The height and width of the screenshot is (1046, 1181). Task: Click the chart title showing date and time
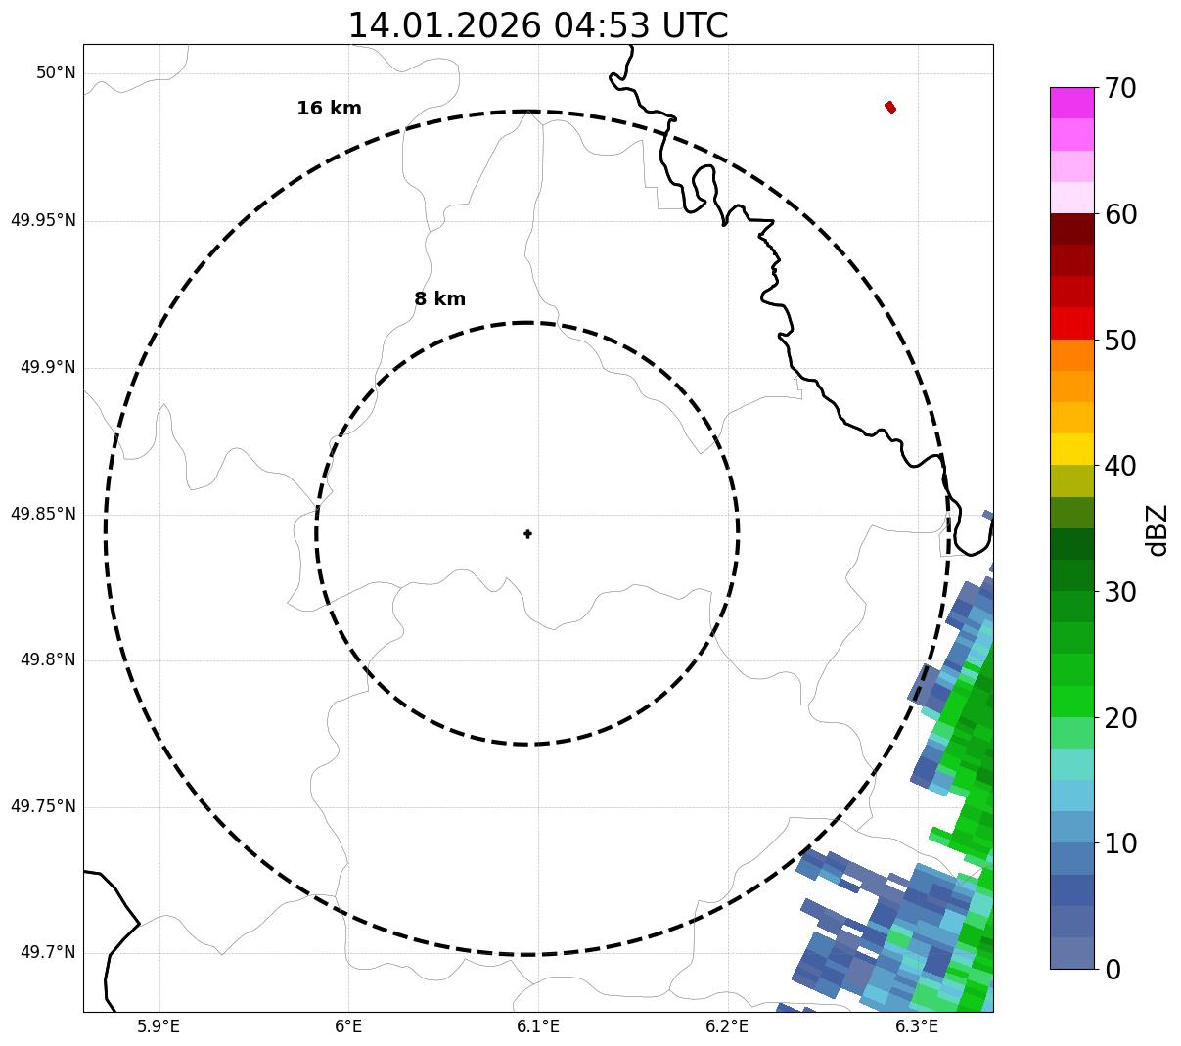click(538, 25)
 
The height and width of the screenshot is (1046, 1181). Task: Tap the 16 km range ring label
click(329, 109)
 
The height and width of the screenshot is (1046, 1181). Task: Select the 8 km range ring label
click(439, 299)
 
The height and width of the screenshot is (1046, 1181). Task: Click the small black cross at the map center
click(528, 533)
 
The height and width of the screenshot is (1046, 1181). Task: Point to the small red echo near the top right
click(890, 107)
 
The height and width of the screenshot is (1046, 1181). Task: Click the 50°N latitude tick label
click(56, 73)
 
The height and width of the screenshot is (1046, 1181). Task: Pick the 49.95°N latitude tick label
click(43, 220)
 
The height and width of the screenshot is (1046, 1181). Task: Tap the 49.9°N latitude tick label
click(48, 367)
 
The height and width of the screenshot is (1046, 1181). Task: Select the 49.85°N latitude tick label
click(43, 514)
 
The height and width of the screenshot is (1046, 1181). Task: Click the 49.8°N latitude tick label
click(48, 660)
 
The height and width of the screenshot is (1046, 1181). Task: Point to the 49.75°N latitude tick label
click(43, 807)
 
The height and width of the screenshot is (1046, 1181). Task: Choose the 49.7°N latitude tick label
click(48, 953)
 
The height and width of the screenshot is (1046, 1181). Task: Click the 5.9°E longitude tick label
click(159, 1026)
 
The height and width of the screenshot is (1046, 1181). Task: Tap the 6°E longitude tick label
click(348, 1026)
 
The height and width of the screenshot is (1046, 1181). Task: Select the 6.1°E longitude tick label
click(538, 1026)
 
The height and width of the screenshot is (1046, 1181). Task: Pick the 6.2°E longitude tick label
click(727, 1026)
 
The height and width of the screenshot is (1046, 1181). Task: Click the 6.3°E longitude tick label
click(917, 1026)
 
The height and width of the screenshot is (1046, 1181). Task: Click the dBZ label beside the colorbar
click(1158, 529)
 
